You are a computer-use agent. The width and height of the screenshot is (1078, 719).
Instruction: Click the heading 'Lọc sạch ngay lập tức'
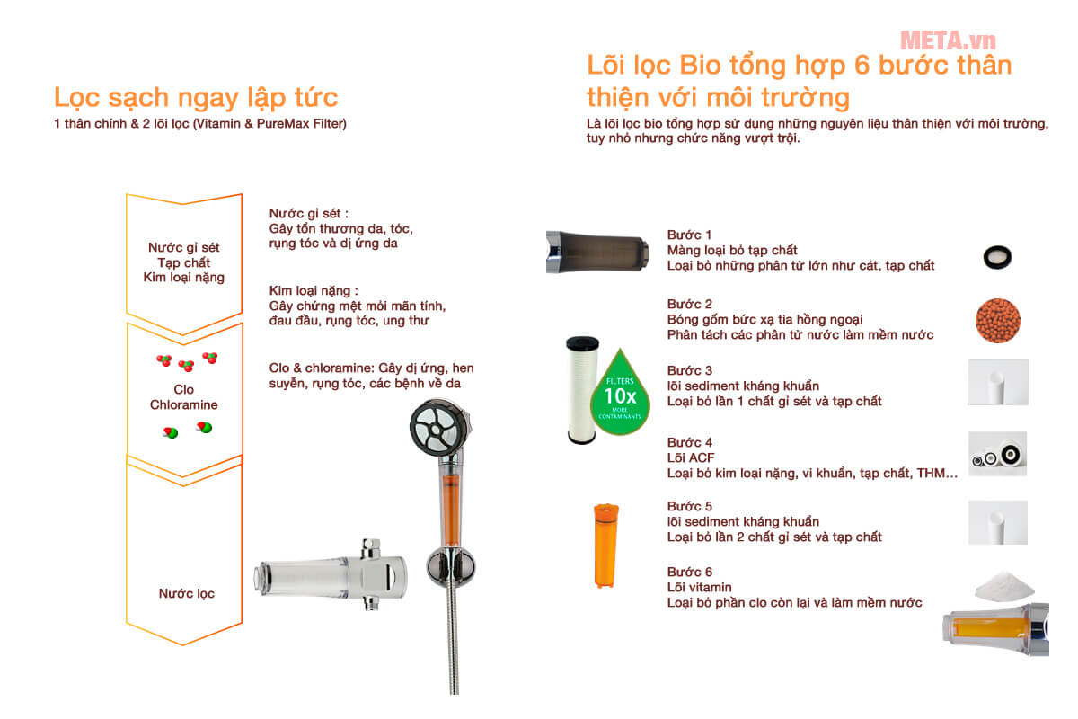[196, 97]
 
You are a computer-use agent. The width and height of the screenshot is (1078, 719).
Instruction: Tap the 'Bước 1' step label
[690, 235]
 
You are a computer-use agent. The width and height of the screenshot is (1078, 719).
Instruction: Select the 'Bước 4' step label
[690, 442]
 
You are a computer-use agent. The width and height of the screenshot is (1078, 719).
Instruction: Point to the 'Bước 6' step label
[690, 572]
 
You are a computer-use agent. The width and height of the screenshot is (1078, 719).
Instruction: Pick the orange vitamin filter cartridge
[605, 546]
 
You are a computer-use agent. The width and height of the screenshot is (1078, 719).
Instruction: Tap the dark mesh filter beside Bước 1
[596, 251]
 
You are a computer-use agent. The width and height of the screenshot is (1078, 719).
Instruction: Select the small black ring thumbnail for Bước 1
[997, 258]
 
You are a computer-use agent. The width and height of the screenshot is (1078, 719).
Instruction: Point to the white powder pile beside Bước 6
[1004, 586]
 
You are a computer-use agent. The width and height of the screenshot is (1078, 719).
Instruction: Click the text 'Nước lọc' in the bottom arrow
[187, 593]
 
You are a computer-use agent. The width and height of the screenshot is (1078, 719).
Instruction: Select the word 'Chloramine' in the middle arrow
[184, 405]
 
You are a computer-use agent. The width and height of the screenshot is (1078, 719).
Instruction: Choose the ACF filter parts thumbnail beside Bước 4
[998, 454]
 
